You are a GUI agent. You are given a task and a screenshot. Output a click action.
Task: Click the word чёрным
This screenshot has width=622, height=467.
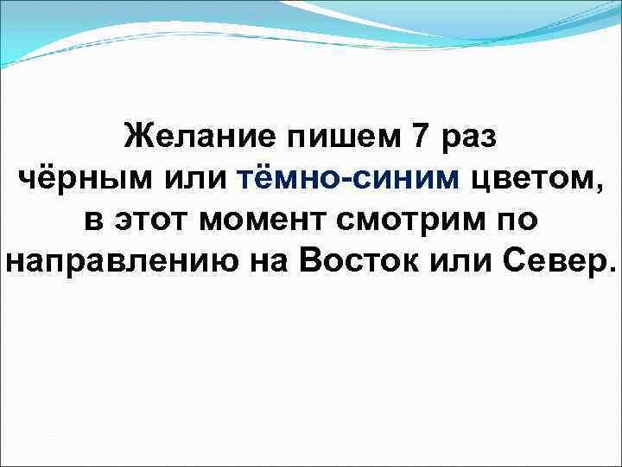coord(75,178)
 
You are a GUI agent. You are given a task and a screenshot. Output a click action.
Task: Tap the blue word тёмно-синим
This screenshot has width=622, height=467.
coord(349,178)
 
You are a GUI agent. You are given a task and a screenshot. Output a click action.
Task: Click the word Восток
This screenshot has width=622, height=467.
coord(358,262)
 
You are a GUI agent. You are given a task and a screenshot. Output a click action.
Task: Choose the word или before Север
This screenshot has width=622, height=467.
coord(462,262)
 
